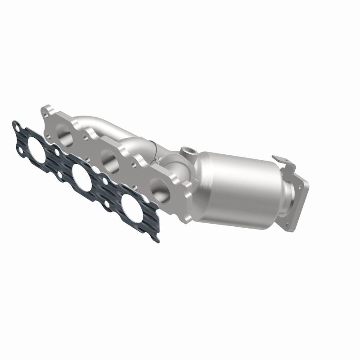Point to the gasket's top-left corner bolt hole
click(17, 128)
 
